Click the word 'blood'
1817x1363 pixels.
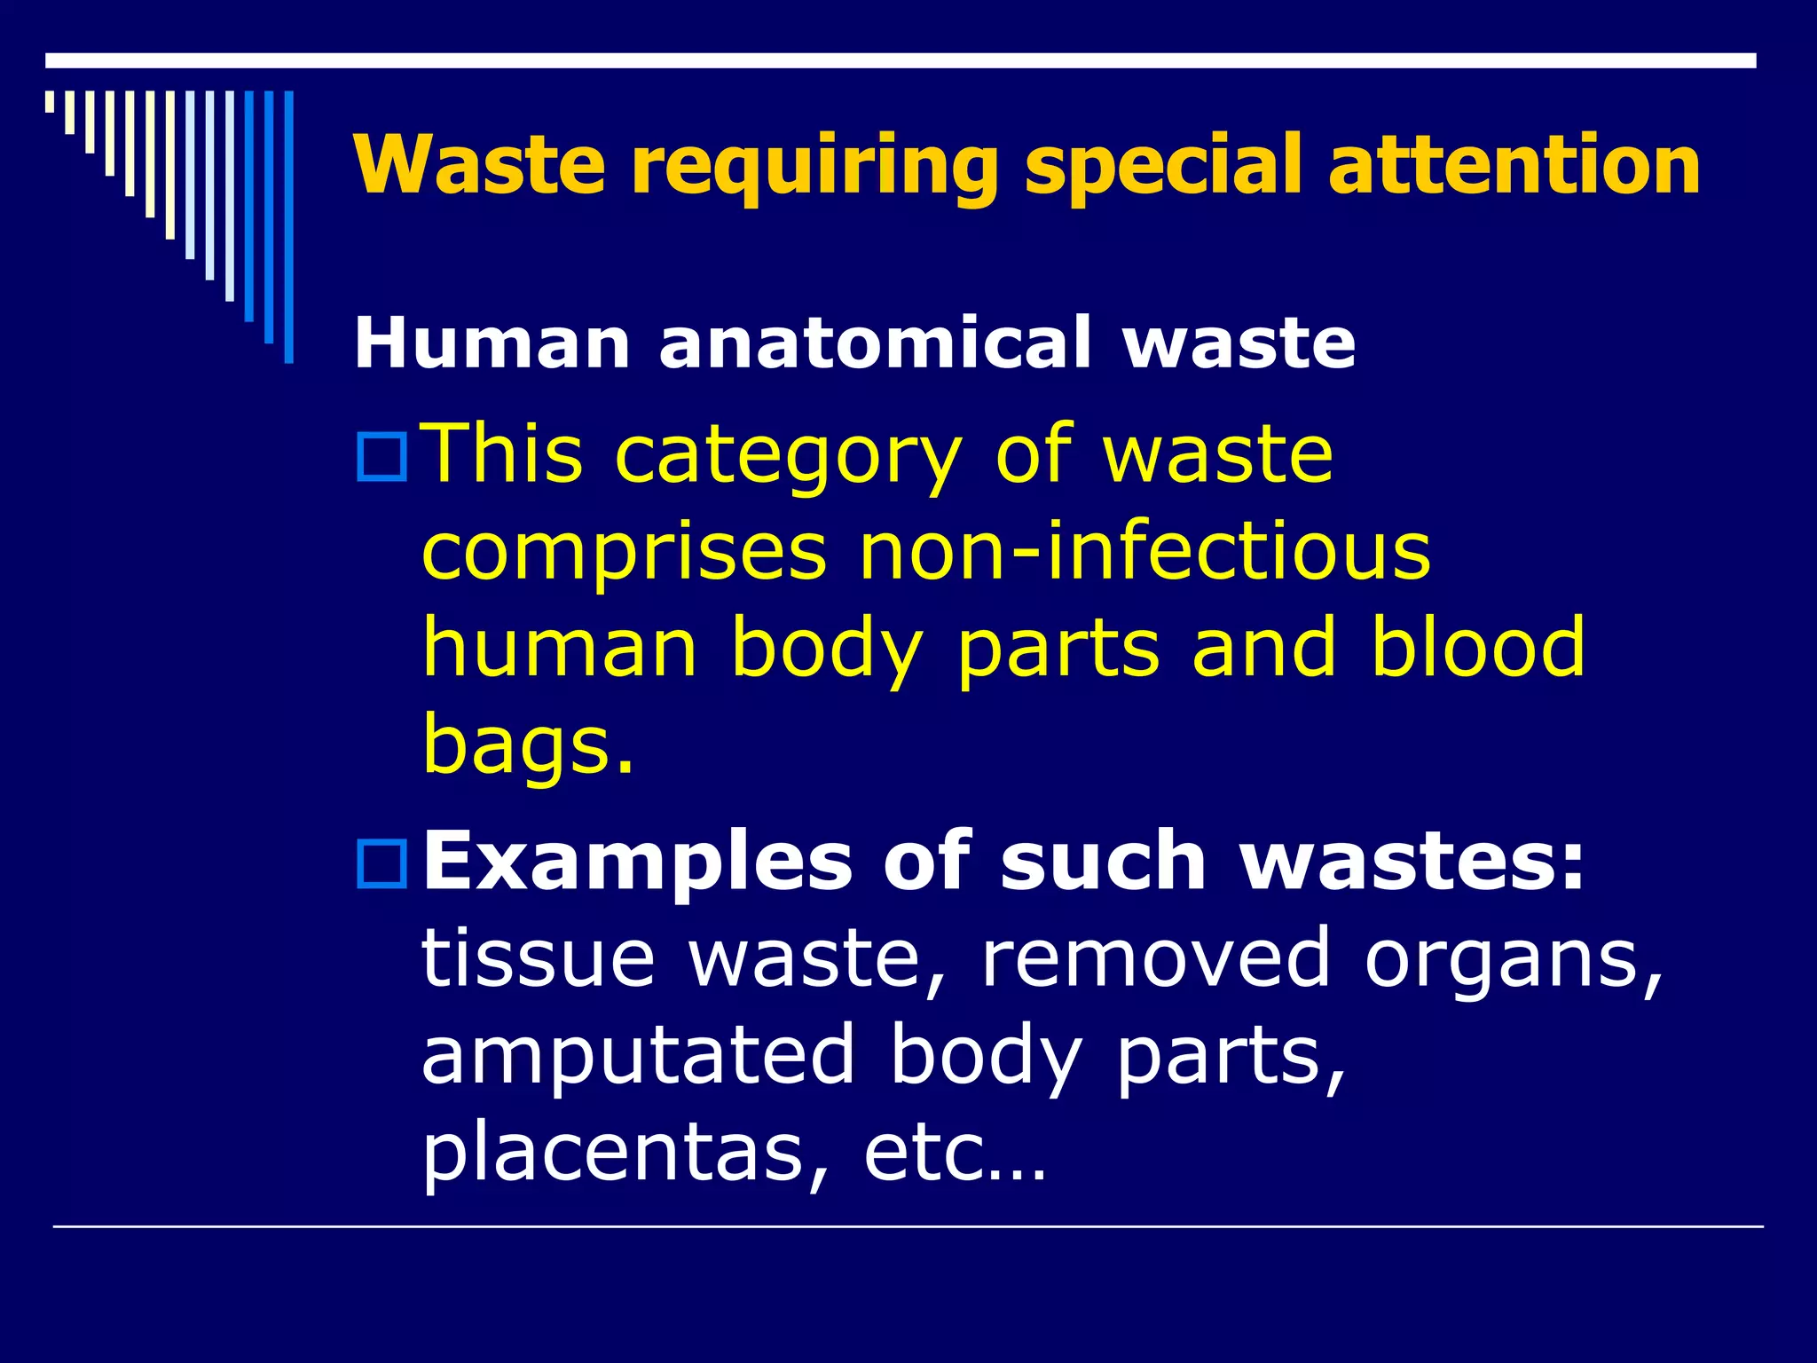pos(1478,648)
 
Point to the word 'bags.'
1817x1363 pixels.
pos(529,745)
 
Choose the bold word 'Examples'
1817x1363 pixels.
pos(635,863)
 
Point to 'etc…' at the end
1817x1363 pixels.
pos(955,1154)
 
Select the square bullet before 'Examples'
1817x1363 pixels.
pos(381,864)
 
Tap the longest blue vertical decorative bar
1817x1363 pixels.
pos(288,227)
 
